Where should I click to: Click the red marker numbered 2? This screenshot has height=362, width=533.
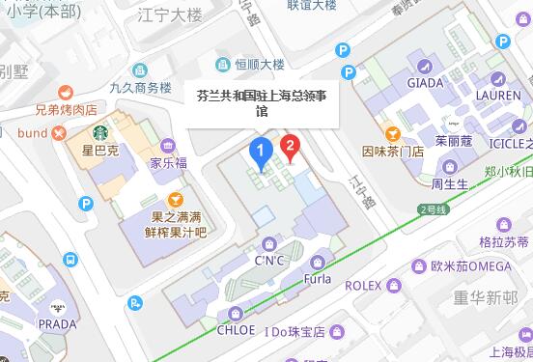pyautogui.click(x=288, y=147)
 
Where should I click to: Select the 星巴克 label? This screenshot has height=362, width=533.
pyautogui.click(x=98, y=152)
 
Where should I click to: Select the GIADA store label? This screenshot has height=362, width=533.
pyautogui.click(x=425, y=83)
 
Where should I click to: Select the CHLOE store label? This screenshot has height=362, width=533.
pyautogui.click(x=238, y=330)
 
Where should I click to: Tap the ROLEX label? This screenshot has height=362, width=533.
pyautogui.click(x=365, y=286)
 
